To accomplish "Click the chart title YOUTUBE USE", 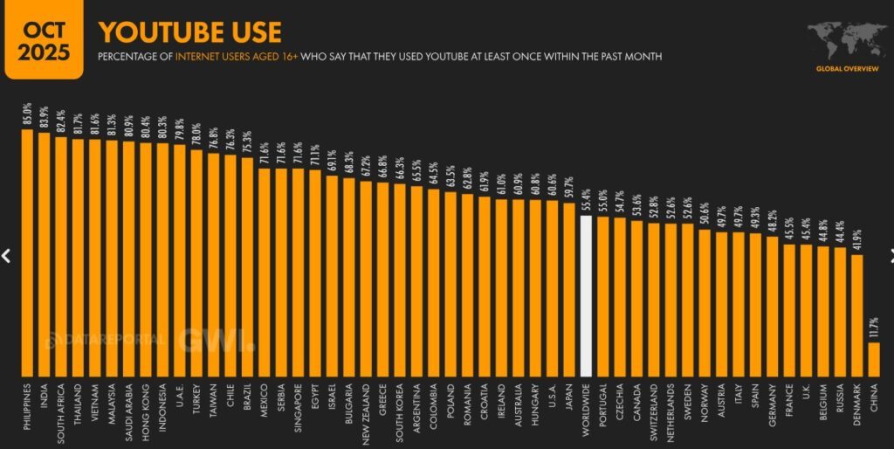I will (x=189, y=33).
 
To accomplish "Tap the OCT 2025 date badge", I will (x=45, y=39).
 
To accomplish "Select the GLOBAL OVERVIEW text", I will (x=847, y=68).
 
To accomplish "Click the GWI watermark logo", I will (x=214, y=340).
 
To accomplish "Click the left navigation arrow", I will (x=6, y=256).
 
